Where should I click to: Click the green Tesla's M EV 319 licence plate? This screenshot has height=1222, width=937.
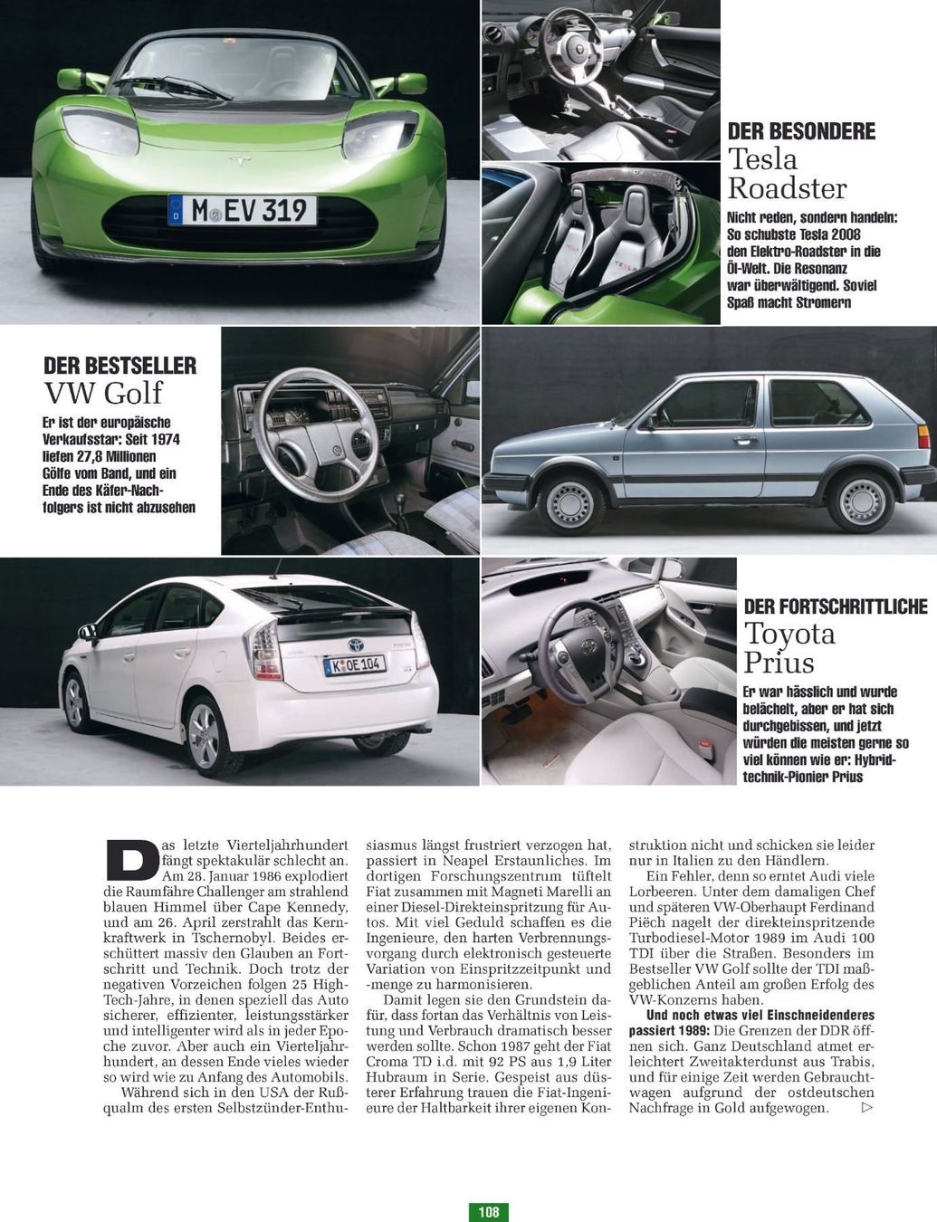click(243, 211)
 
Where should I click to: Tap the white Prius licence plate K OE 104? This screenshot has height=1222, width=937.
click(355, 665)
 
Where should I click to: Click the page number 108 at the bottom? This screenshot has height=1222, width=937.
click(489, 1211)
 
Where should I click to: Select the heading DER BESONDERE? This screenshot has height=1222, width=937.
click(801, 131)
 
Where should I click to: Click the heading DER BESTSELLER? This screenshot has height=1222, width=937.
click(120, 366)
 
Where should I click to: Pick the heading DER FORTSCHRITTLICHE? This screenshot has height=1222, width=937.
click(836, 606)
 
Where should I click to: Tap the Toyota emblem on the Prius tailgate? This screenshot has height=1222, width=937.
click(356, 645)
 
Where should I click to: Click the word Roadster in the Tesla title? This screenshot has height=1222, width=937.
click(787, 188)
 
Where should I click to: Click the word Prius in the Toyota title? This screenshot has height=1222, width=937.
click(779, 662)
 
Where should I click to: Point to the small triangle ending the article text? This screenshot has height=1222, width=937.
click(867, 1107)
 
